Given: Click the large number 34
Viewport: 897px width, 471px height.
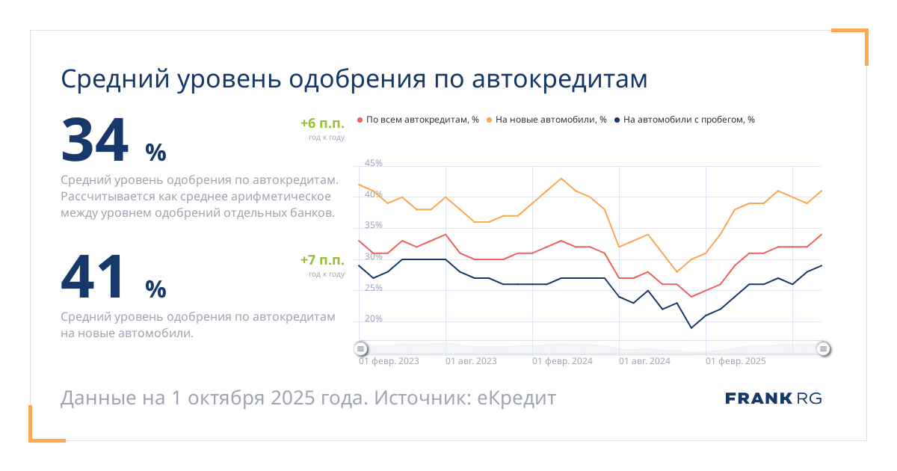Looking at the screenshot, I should click(x=94, y=141).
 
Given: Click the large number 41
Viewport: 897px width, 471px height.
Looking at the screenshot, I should click(x=94, y=278).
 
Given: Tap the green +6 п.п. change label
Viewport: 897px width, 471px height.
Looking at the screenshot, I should click(x=322, y=124).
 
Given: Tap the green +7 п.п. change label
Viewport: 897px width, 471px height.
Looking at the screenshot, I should click(x=322, y=260).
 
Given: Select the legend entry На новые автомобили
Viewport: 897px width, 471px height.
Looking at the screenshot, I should click(x=550, y=120).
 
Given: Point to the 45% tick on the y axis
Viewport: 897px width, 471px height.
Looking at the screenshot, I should click(x=374, y=163).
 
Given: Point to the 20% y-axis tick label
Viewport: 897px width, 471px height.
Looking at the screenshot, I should click(x=374, y=318).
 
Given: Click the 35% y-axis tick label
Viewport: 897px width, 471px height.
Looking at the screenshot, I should click(x=374, y=225).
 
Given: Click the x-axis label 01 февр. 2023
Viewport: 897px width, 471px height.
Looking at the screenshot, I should click(x=389, y=361).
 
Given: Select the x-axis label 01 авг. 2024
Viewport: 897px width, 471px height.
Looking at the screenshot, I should click(x=644, y=361).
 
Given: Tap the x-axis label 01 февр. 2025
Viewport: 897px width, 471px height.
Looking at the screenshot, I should click(x=736, y=361).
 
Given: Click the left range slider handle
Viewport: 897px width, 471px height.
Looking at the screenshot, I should click(x=360, y=348).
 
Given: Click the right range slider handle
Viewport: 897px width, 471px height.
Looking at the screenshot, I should click(x=823, y=348).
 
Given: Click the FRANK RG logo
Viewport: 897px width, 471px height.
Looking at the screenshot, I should click(x=773, y=398).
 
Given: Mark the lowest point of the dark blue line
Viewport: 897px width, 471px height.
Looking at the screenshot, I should click(x=691, y=327).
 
